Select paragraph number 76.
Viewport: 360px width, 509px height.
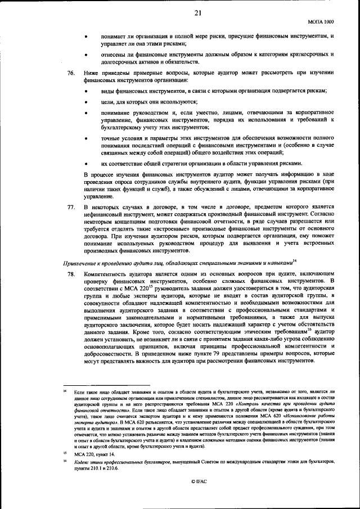(x=71, y=73)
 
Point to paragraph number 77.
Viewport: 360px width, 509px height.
(x=71, y=207)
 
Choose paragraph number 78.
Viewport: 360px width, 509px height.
(x=71, y=273)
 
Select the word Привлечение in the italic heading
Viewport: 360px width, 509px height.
(x=83, y=263)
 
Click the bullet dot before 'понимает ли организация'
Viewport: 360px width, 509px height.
(x=85, y=36)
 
